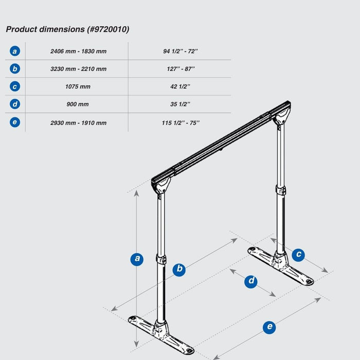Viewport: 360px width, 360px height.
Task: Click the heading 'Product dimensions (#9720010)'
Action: click(67, 29)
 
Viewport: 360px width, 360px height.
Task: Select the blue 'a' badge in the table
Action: click(15, 51)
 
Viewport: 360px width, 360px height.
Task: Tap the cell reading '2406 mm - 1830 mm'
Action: click(78, 51)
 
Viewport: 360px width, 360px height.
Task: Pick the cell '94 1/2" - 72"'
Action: click(180, 51)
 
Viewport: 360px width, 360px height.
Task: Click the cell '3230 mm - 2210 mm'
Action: click(78, 69)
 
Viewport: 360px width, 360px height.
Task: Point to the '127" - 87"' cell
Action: click(180, 69)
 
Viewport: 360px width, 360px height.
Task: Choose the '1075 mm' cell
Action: click(78, 86)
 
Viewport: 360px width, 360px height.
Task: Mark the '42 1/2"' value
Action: click(180, 86)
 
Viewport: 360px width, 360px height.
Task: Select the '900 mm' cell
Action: click(78, 104)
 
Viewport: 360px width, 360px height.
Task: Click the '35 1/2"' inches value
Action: click(180, 104)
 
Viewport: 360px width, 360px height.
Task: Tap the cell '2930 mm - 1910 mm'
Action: click(78, 122)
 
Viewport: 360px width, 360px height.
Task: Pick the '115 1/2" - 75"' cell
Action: click(180, 122)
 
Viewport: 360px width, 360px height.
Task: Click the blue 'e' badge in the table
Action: click(15, 122)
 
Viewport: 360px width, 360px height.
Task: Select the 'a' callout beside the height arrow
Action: click(137, 259)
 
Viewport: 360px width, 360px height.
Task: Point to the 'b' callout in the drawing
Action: click(179, 269)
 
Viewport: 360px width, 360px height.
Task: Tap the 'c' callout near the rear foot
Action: click(298, 255)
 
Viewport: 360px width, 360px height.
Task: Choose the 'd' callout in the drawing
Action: click(250, 281)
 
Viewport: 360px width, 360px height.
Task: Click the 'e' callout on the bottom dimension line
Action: click(268, 328)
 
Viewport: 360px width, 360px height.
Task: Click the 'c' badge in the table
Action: click(15, 86)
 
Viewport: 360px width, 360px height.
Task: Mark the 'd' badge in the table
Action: click(15, 104)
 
